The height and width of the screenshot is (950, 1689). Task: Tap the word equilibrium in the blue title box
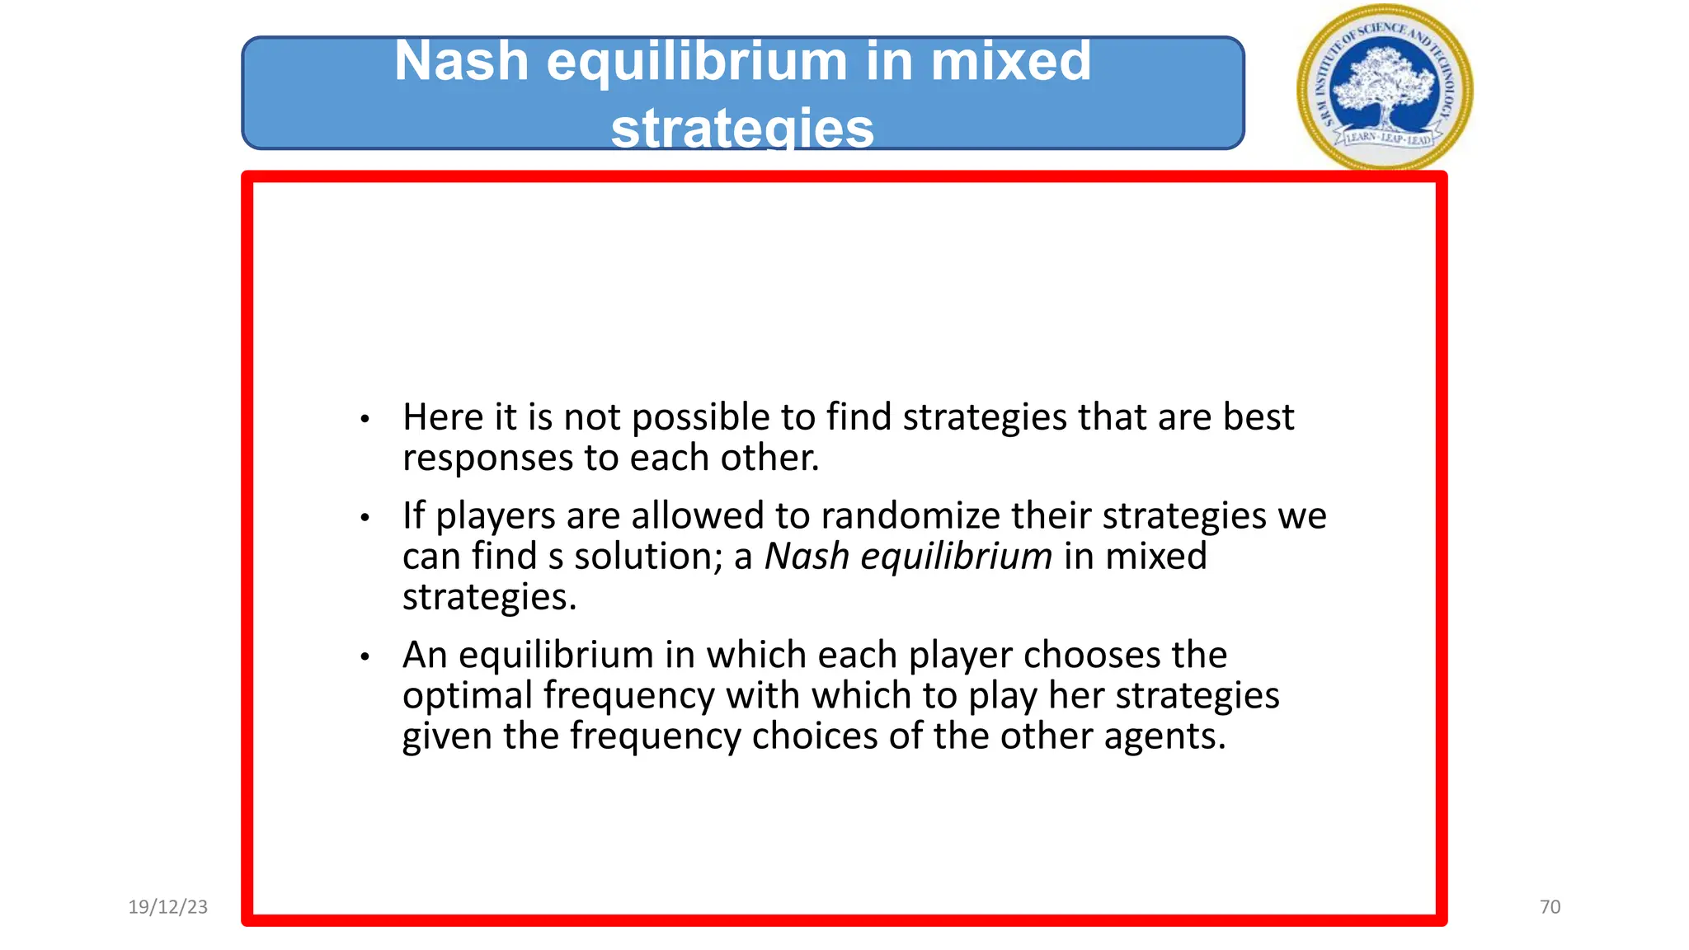[697, 62]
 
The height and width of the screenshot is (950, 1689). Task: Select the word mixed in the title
[1010, 62]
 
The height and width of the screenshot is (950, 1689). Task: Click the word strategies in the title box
[742, 129]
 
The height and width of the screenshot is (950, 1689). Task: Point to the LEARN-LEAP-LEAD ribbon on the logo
[1388, 138]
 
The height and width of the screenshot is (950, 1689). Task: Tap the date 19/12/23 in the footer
[168, 907]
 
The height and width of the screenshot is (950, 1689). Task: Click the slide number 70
[1550, 907]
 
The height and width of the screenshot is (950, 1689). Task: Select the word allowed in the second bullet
[698, 516]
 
